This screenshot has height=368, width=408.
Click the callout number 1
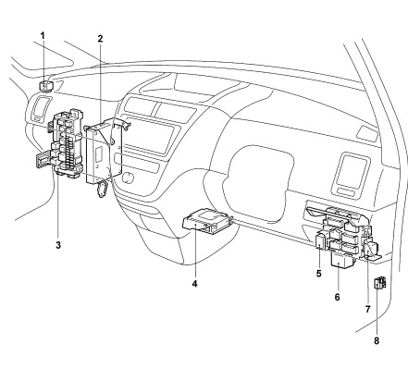(x=43, y=36)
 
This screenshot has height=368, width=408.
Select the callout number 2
(x=100, y=39)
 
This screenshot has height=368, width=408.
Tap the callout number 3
(x=58, y=245)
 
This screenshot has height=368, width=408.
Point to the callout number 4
(x=194, y=284)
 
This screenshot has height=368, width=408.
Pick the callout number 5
(x=318, y=274)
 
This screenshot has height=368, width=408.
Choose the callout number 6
(x=337, y=297)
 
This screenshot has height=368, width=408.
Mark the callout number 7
(x=367, y=309)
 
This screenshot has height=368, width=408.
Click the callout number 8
(x=377, y=341)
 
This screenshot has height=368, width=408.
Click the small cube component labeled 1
(x=45, y=86)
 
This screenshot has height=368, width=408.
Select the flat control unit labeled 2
(x=102, y=151)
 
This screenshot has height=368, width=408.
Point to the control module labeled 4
(x=206, y=221)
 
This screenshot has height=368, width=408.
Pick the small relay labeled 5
(x=319, y=241)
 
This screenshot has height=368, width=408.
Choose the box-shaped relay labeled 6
(x=341, y=259)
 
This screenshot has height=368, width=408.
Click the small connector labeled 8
(x=379, y=283)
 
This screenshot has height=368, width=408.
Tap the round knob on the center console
(x=128, y=177)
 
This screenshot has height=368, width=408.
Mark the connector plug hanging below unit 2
(x=101, y=189)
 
